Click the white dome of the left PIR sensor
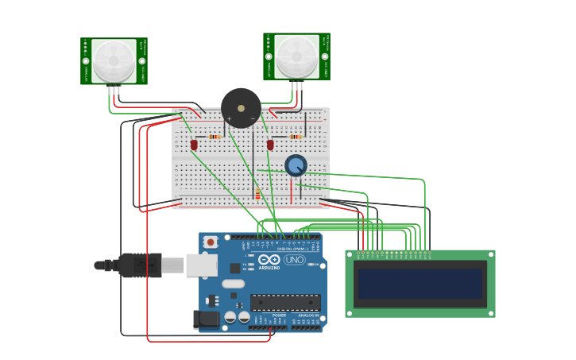(x=114, y=60)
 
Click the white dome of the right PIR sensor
(x=296, y=56)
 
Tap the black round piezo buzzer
(x=241, y=108)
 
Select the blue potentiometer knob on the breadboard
(x=296, y=165)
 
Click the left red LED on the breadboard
(x=194, y=144)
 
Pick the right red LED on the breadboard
(x=270, y=145)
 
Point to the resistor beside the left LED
(x=214, y=137)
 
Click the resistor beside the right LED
(x=296, y=137)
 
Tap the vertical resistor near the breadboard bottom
(x=257, y=194)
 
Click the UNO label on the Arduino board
(x=295, y=260)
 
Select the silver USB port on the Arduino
(x=201, y=265)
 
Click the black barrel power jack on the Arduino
(x=206, y=319)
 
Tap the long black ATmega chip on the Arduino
(x=285, y=302)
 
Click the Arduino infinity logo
(x=269, y=260)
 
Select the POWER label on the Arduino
(x=279, y=315)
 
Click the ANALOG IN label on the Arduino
(x=307, y=315)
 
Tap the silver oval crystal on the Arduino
(x=233, y=284)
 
